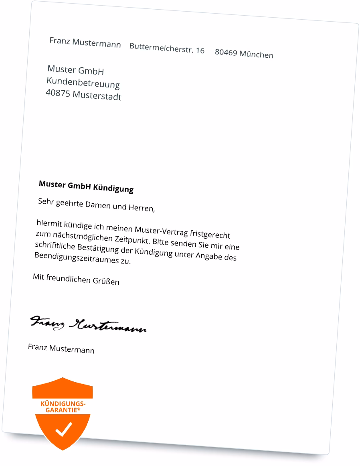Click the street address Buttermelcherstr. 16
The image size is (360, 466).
tap(167, 49)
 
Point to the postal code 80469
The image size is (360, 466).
tap(226, 53)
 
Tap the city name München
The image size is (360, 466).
tap(257, 54)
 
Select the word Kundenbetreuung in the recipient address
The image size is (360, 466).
tap(83, 83)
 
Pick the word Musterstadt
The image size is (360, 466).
tap(97, 96)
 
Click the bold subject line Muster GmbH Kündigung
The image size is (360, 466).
tap(86, 186)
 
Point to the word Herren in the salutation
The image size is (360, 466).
tap(141, 208)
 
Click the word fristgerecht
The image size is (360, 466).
tap(210, 234)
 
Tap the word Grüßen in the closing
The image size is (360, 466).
tap(106, 281)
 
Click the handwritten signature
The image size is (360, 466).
tap(88, 324)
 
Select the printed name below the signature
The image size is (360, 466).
tap(61, 348)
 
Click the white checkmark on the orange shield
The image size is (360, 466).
tap(63, 429)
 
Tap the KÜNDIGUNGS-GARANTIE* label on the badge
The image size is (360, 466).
tap(63, 406)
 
